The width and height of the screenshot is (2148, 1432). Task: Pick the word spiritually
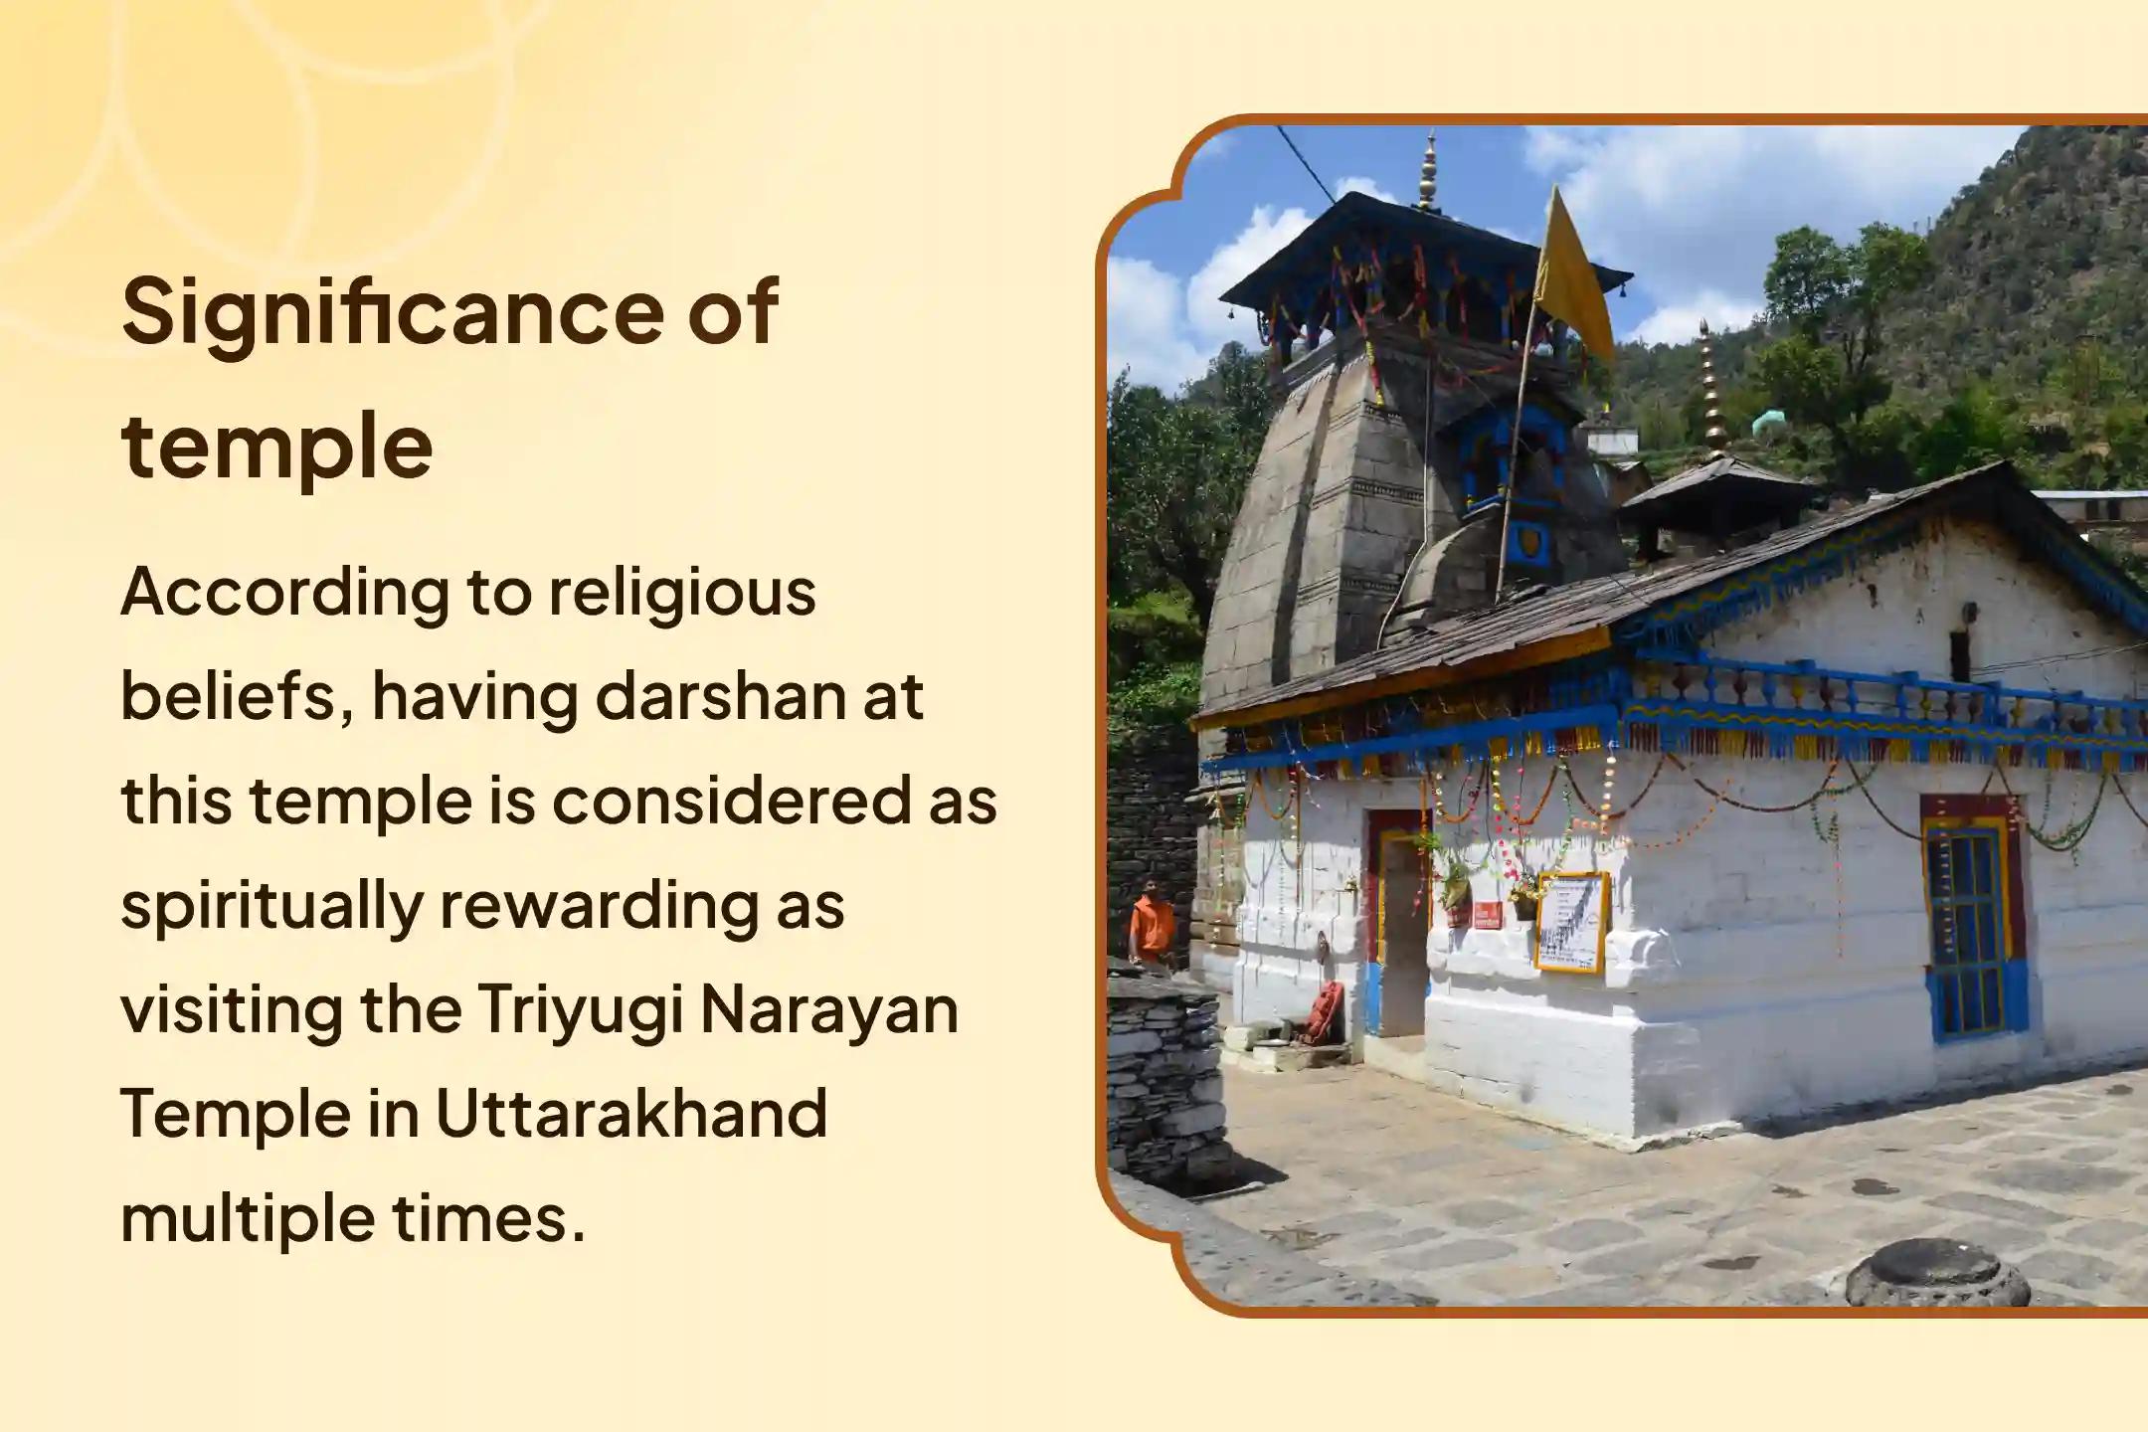(270, 907)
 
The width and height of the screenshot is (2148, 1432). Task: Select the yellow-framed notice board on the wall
(1571, 923)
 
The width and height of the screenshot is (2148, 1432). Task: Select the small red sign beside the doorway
(1488, 915)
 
